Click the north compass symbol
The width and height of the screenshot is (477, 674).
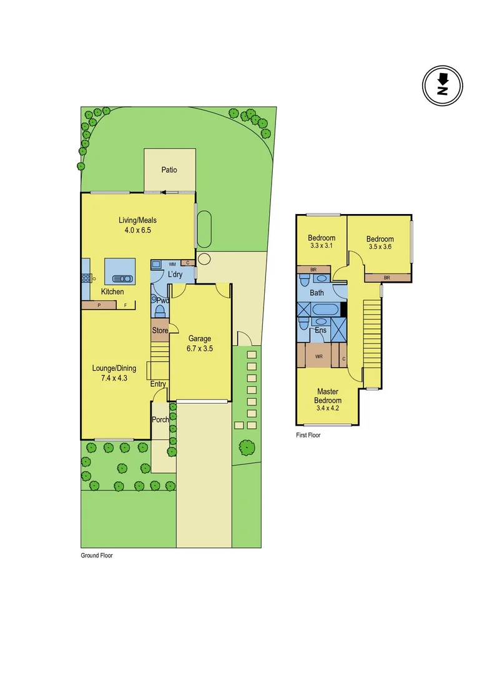point(443,86)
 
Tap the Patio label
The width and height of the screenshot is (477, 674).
point(169,170)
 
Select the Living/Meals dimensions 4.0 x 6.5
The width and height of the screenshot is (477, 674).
point(137,230)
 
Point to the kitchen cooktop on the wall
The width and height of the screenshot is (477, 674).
point(86,278)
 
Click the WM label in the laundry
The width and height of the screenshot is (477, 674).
point(155,264)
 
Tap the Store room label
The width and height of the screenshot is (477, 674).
point(160,330)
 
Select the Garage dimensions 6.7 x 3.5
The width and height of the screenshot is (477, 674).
point(200,349)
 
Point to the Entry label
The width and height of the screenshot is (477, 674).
point(158,384)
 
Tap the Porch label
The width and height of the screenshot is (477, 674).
point(160,419)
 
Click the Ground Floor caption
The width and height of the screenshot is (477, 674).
point(97,555)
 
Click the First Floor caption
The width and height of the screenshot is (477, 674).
point(308,435)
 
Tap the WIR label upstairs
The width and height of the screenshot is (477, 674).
point(319,356)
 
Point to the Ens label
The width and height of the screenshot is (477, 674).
point(321,330)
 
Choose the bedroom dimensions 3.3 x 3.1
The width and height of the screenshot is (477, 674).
point(322,246)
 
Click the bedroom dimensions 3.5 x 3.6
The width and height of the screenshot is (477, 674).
point(380,247)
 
